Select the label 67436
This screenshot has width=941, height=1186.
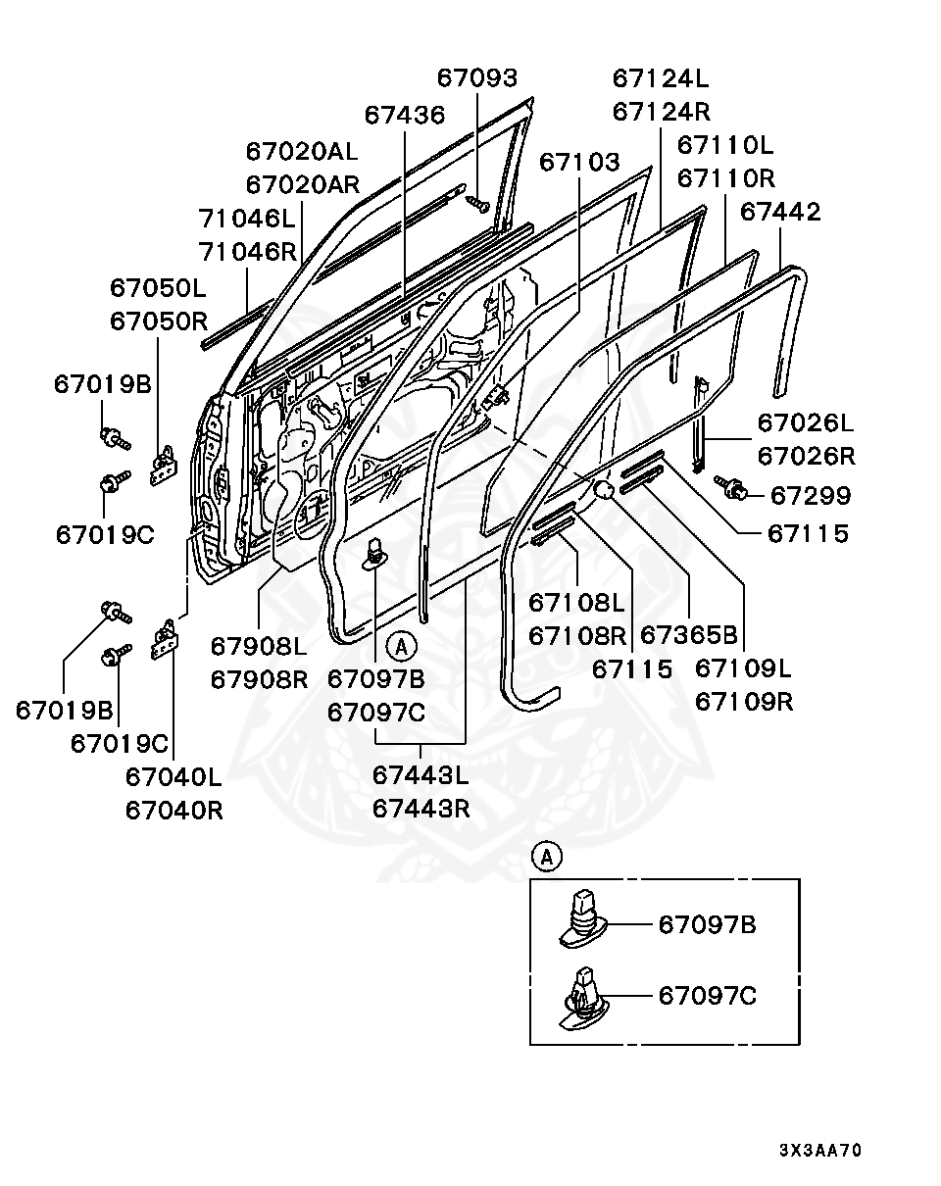(x=405, y=115)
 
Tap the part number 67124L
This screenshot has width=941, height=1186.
(x=661, y=78)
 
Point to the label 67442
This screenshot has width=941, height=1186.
(x=780, y=212)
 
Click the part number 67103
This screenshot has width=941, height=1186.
(x=579, y=162)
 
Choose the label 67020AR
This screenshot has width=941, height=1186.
(x=302, y=184)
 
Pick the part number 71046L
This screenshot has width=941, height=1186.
(x=247, y=218)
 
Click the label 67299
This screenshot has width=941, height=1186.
(x=810, y=495)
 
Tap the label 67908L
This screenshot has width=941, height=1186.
(x=259, y=646)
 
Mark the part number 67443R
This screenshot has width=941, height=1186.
(x=421, y=809)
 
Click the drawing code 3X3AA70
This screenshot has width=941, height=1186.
(x=820, y=1150)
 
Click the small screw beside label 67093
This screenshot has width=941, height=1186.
(x=477, y=204)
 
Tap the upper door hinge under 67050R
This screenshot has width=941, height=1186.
(x=163, y=466)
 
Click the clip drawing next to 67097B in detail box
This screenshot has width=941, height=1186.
(x=584, y=919)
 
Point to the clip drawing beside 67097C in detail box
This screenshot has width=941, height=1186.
(x=582, y=999)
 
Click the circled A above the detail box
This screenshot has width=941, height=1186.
(x=546, y=857)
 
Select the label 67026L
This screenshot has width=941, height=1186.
(x=806, y=423)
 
